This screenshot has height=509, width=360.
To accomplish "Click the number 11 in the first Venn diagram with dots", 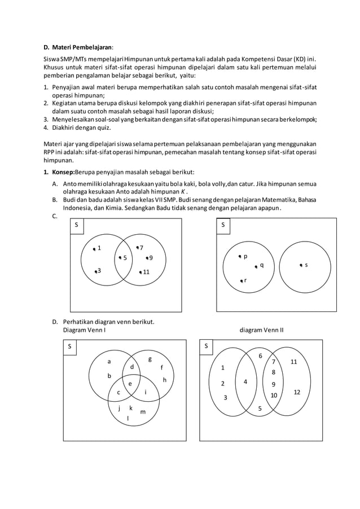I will point(146,272).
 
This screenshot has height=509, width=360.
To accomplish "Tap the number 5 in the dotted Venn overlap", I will point(125,258).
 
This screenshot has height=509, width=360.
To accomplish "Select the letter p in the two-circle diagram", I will point(245,256).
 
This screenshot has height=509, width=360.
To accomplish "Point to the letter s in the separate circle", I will point(306,264).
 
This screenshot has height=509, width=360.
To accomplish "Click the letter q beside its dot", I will point(262,265).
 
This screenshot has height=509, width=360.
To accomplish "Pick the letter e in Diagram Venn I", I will point(130,384).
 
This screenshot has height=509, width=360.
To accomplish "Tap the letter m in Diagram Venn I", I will point(142,412).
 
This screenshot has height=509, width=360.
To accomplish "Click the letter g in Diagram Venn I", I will point(150,359).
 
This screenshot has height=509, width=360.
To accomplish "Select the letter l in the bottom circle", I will point(128,418).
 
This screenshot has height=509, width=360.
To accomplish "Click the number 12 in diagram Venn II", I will point(297,392).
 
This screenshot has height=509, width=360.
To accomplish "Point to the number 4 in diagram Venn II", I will point(245,382).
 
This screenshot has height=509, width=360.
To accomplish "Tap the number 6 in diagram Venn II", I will point(260,356).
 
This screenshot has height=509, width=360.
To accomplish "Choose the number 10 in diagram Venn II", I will point(274,395).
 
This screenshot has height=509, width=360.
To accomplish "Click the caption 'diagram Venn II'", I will point(261,330).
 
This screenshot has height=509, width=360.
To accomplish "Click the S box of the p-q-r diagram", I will point(223,225).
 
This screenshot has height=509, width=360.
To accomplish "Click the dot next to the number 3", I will point(96,272).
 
